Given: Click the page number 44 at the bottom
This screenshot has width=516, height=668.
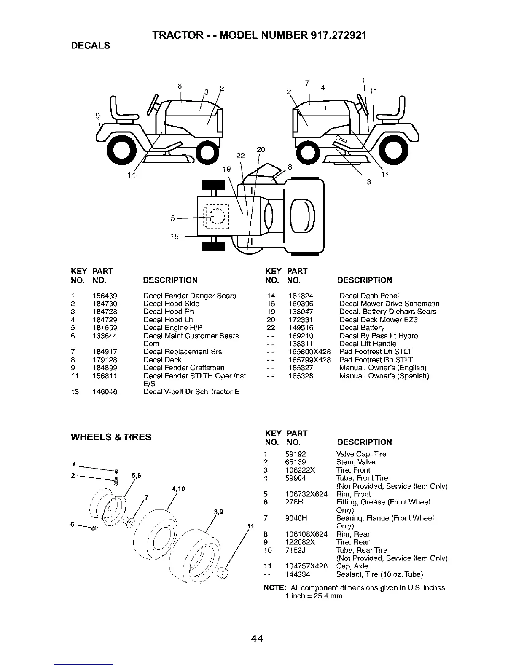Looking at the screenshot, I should click(257, 639).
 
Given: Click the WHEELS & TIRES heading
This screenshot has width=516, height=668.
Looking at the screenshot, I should click(111, 437).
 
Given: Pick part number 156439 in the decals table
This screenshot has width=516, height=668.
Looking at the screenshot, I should click(105, 296).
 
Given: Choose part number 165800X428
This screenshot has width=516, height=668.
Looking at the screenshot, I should click(309, 352).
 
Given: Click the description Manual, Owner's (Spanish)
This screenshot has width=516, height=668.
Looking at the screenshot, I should click(384, 376).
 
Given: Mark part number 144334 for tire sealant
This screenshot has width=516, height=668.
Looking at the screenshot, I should click(298, 574).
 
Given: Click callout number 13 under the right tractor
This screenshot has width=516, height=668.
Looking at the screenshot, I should click(367, 182).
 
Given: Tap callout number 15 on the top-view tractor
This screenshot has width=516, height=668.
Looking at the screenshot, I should click(175, 236).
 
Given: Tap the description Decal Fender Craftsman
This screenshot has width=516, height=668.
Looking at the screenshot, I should click(184, 368).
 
